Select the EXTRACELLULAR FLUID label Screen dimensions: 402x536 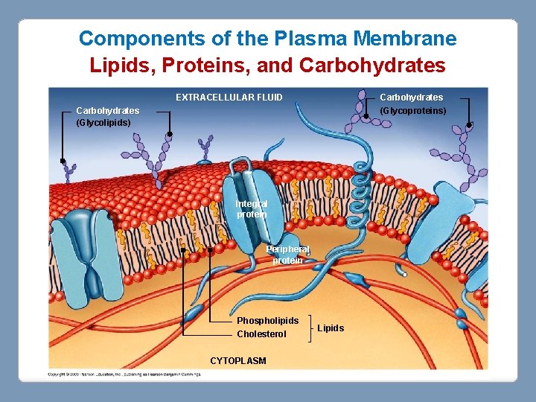[x=229, y=98]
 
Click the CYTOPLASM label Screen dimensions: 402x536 [x=237, y=361]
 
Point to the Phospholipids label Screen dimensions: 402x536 [x=267, y=321]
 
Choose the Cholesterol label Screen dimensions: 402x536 [x=261, y=334]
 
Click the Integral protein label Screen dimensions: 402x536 [x=251, y=208]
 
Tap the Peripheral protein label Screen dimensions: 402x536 [x=287, y=255]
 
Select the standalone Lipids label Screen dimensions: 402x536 [x=331, y=328]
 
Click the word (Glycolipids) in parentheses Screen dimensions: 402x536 [x=103, y=122]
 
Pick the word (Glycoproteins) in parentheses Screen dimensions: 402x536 [x=413, y=111]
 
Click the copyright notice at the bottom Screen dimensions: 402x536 [x=125, y=374]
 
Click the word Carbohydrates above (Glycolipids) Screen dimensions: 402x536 [x=107, y=111]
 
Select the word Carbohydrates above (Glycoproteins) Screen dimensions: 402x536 [x=411, y=98]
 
